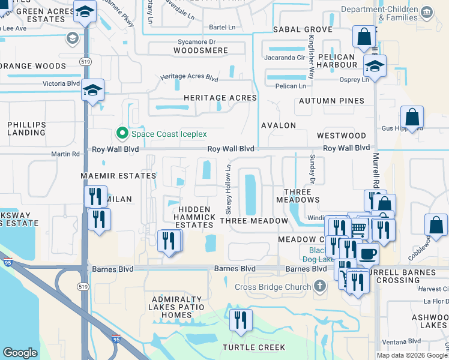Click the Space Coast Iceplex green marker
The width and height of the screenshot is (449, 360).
(122, 134)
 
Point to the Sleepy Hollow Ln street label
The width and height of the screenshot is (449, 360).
(228, 189)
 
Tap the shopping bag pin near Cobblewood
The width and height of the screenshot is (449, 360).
(436, 226)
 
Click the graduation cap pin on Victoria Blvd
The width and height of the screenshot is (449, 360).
(93, 91)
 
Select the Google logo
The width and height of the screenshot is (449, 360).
(20, 353)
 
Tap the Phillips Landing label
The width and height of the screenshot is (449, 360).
(26, 128)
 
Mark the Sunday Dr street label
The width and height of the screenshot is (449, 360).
(312, 169)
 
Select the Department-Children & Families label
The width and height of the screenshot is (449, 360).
(387, 10)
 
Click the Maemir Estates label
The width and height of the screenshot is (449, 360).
(119, 176)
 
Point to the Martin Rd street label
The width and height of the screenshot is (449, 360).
(65, 154)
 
